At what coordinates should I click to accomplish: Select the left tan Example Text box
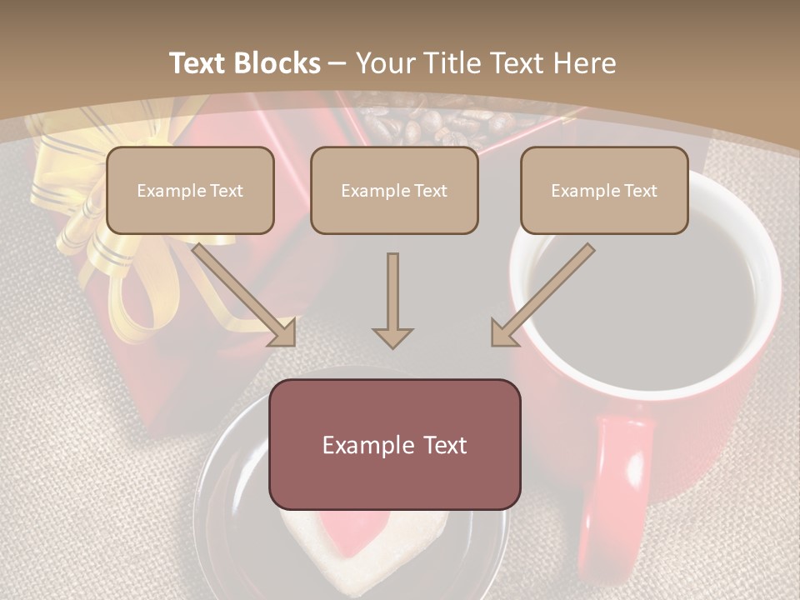pos(190,190)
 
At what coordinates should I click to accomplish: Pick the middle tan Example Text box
pos(394,190)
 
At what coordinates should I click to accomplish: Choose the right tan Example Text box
pos(604,190)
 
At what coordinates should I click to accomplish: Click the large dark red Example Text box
pos(394,444)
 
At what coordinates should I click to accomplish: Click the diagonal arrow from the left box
pos(246,294)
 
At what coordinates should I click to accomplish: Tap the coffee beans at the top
pos(433,125)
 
